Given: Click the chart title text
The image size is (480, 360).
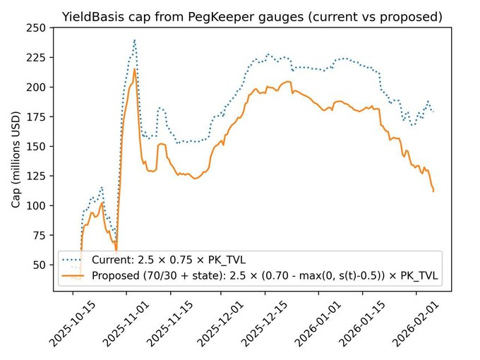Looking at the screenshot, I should click(x=252, y=16).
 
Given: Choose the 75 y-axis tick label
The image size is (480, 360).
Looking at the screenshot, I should click(x=35, y=235).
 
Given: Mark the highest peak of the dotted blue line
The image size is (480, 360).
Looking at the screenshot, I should click(x=134, y=40).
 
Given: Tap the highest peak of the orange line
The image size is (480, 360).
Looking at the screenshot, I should click(x=134, y=68).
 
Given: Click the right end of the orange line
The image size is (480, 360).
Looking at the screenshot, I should click(x=433, y=191).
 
